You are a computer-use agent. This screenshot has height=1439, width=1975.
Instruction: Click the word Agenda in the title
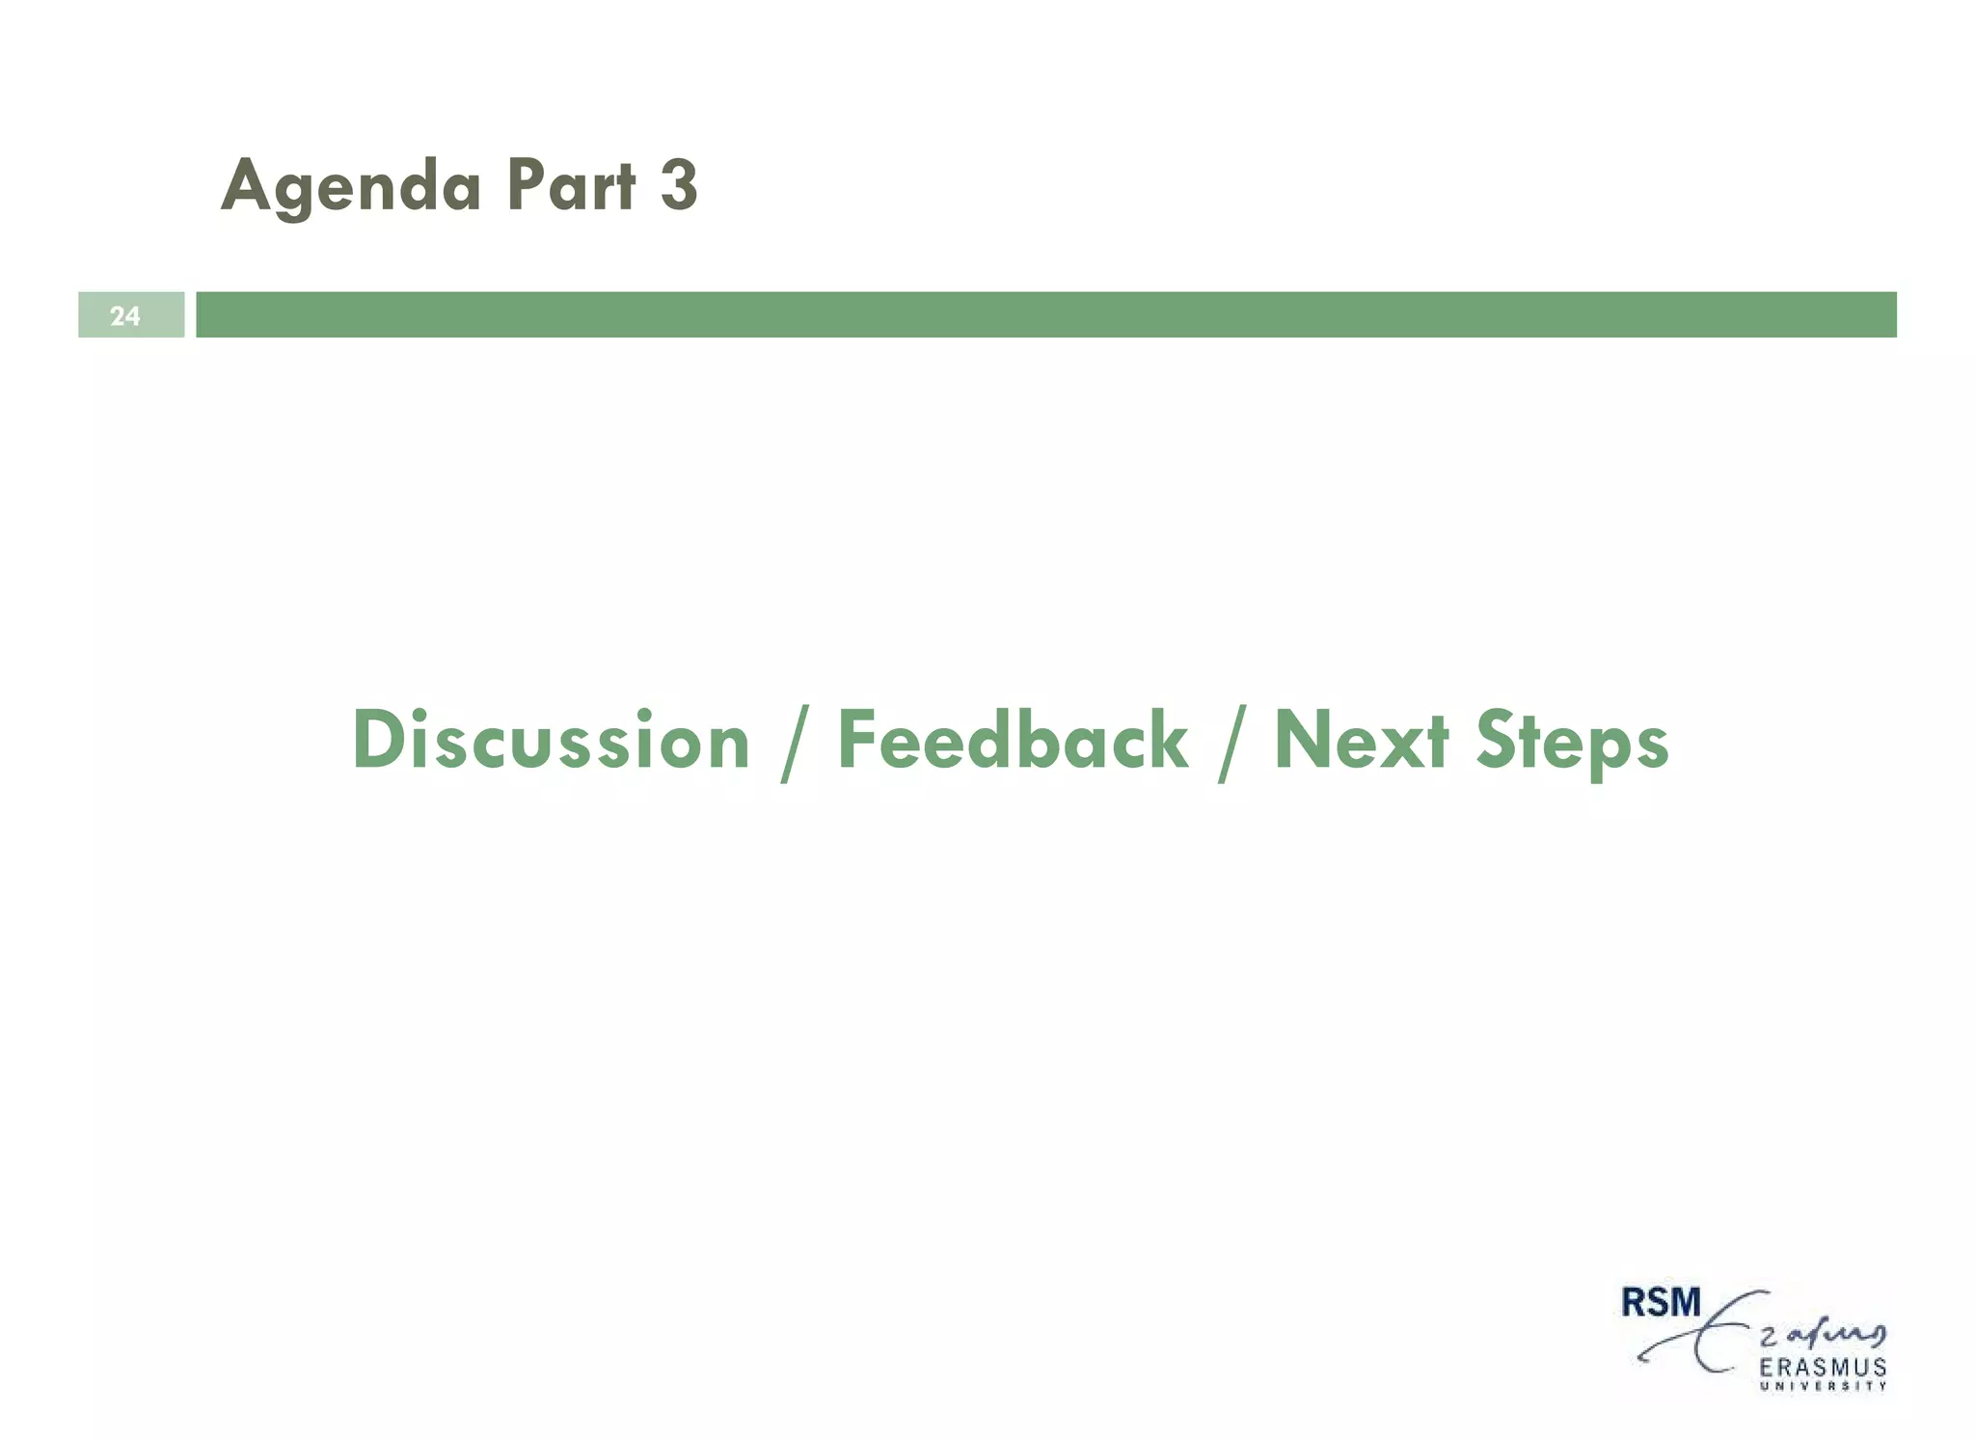pos(351,185)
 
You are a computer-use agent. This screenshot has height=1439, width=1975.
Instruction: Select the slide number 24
pos(124,315)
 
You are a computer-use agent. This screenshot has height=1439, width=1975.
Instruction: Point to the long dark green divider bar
pos(1045,314)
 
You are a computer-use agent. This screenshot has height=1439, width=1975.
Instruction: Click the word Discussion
pos(551,741)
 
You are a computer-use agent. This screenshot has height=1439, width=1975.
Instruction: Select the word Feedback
pos(1013,741)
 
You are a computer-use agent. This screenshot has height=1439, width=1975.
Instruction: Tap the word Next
pos(1361,741)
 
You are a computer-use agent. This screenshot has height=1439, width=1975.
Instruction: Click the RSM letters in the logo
pos(1661,1303)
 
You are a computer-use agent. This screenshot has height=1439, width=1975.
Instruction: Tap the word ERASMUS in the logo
pos(1823,1368)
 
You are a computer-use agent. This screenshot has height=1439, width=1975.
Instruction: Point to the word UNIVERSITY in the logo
pos(1823,1387)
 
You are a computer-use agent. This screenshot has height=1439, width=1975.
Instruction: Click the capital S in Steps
pos(1497,741)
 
